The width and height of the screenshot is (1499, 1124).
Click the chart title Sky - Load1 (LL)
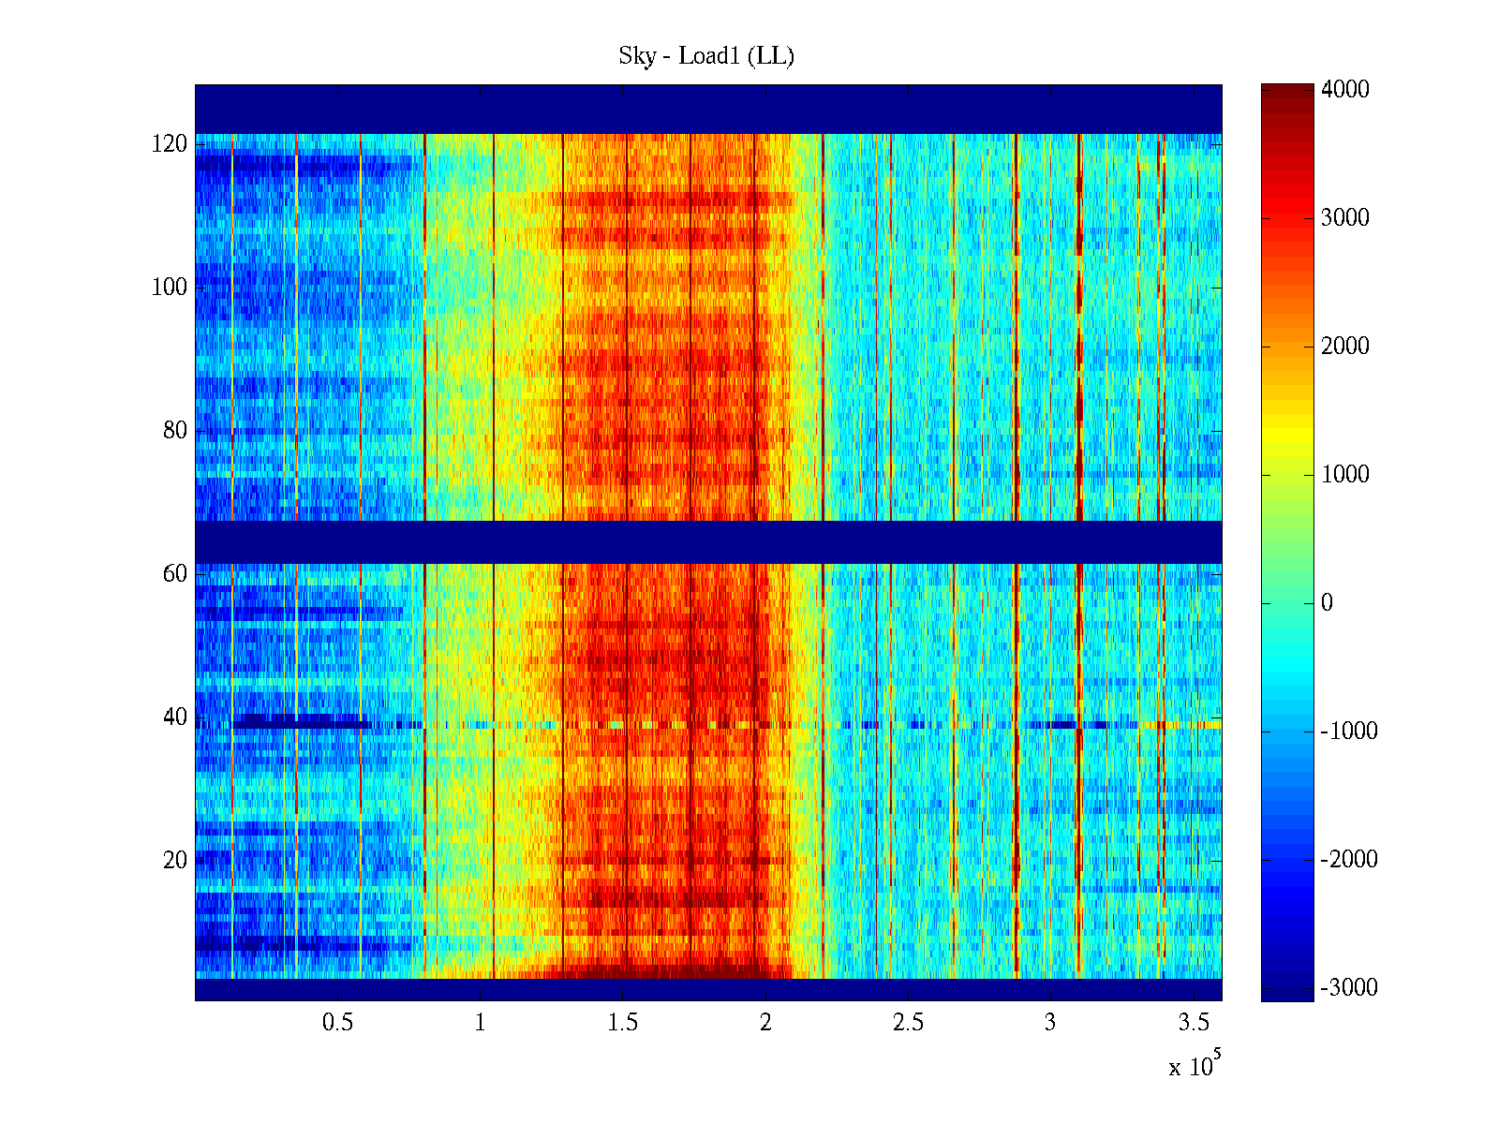tap(706, 56)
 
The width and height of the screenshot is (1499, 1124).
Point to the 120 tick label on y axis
tap(170, 144)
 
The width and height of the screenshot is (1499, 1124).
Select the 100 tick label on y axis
tap(170, 288)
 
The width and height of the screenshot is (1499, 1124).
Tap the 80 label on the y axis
tap(175, 431)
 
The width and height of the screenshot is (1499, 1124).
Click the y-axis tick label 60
tap(175, 574)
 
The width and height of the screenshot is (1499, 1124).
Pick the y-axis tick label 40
tap(175, 717)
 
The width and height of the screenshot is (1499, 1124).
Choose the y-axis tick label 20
tap(175, 861)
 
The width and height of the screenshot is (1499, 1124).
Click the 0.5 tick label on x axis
tap(337, 1023)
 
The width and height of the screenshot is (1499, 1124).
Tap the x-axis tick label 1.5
tap(623, 1023)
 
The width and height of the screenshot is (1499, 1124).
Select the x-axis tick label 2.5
tap(908, 1023)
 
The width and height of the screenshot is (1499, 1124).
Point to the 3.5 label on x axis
tap(1194, 1023)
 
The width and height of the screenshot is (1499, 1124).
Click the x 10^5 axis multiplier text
tap(1195, 1065)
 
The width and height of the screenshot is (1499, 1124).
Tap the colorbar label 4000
tap(1345, 90)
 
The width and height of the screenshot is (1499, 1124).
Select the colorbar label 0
tap(1327, 603)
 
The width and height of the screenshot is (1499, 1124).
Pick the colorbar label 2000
tap(1345, 347)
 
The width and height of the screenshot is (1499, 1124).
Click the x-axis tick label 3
tap(1050, 1023)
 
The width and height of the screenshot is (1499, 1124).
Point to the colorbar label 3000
tap(1345, 218)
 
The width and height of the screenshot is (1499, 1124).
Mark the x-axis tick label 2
tap(765, 1023)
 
